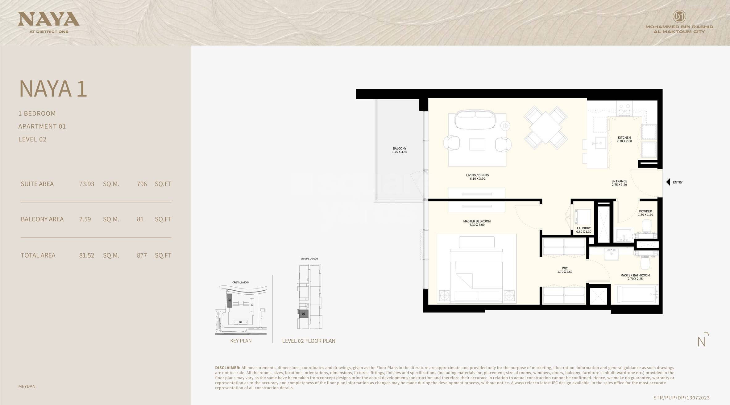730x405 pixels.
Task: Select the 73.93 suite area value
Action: click(x=86, y=184)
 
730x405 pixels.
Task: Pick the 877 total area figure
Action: click(x=142, y=255)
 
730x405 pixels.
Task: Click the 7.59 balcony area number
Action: click(x=85, y=219)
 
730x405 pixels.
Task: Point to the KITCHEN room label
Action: click(x=624, y=138)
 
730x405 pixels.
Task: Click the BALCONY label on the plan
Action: click(x=399, y=149)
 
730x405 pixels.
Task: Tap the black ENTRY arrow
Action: click(x=668, y=182)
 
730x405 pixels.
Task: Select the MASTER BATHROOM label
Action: click(x=635, y=275)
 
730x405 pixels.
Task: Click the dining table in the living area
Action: click(x=545, y=128)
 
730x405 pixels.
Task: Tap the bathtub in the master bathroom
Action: click(x=635, y=295)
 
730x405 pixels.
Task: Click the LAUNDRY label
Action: click(x=584, y=228)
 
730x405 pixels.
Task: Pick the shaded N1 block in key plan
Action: click(x=230, y=301)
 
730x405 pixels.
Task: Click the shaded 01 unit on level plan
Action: click(x=303, y=314)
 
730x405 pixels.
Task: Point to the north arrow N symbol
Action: click(x=702, y=341)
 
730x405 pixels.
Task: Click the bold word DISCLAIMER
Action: click(x=227, y=368)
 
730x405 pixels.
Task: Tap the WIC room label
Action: click(x=565, y=268)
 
